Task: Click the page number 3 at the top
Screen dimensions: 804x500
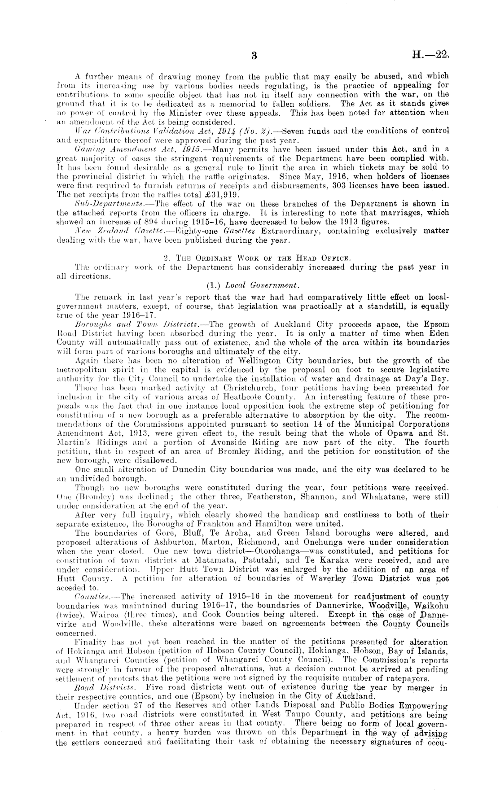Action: tap(254, 56)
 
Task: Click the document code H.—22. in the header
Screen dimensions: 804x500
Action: tap(430, 56)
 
